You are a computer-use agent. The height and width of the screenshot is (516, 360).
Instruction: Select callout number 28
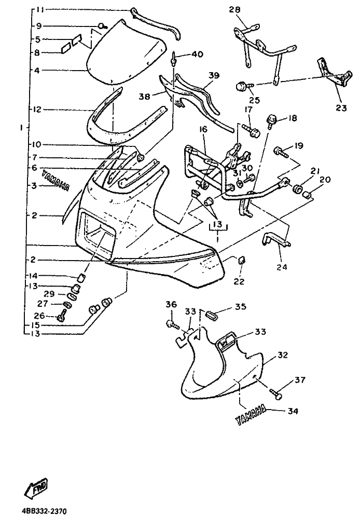click(235, 10)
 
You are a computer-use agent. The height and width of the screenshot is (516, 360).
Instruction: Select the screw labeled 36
click(171, 324)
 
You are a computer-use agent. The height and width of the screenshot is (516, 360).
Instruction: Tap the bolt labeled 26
click(62, 315)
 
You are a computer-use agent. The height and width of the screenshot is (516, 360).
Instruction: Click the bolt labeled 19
click(281, 152)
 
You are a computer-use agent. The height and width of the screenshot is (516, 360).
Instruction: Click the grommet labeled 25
click(241, 86)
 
